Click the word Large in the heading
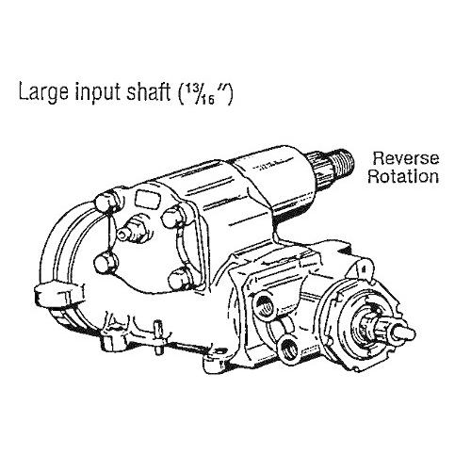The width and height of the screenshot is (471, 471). (43, 91)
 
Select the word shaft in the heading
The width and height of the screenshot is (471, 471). (148, 90)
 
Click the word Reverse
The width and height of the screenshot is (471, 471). (406, 158)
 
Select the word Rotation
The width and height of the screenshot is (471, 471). (403, 176)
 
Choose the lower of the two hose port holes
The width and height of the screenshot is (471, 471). (288, 348)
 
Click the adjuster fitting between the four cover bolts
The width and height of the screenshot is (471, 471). (131, 231)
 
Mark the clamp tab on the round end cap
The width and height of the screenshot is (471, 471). (58, 294)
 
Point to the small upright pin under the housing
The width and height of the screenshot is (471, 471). (158, 336)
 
